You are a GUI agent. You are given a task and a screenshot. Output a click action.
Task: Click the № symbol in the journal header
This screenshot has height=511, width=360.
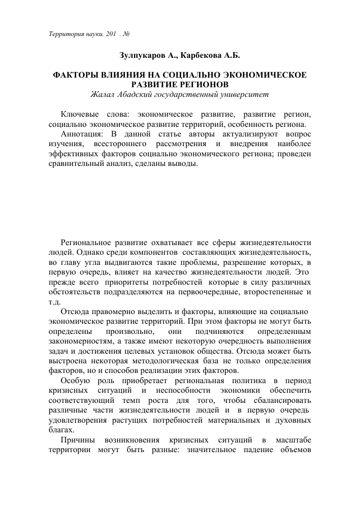point(127,34)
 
